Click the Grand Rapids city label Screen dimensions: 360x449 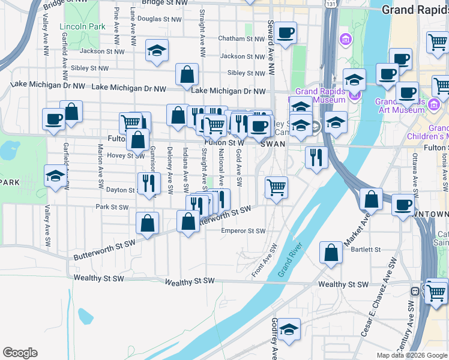tap(415, 10)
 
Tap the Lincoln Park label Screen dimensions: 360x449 tap(82, 26)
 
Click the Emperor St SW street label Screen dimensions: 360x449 tap(243, 230)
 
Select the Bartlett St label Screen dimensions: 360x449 tap(367, 249)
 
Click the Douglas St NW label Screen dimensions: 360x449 tap(159, 19)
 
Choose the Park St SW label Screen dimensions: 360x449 tap(112, 207)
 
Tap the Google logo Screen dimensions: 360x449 tap(20, 352)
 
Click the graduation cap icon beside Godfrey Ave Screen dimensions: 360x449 tap(289, 329)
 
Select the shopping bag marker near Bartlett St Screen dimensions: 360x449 tap(331, 252)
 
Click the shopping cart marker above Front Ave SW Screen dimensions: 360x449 tap(276, 187)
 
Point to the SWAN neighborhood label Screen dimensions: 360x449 tap(273, 144)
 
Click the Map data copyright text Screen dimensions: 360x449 tap(411, 355)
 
